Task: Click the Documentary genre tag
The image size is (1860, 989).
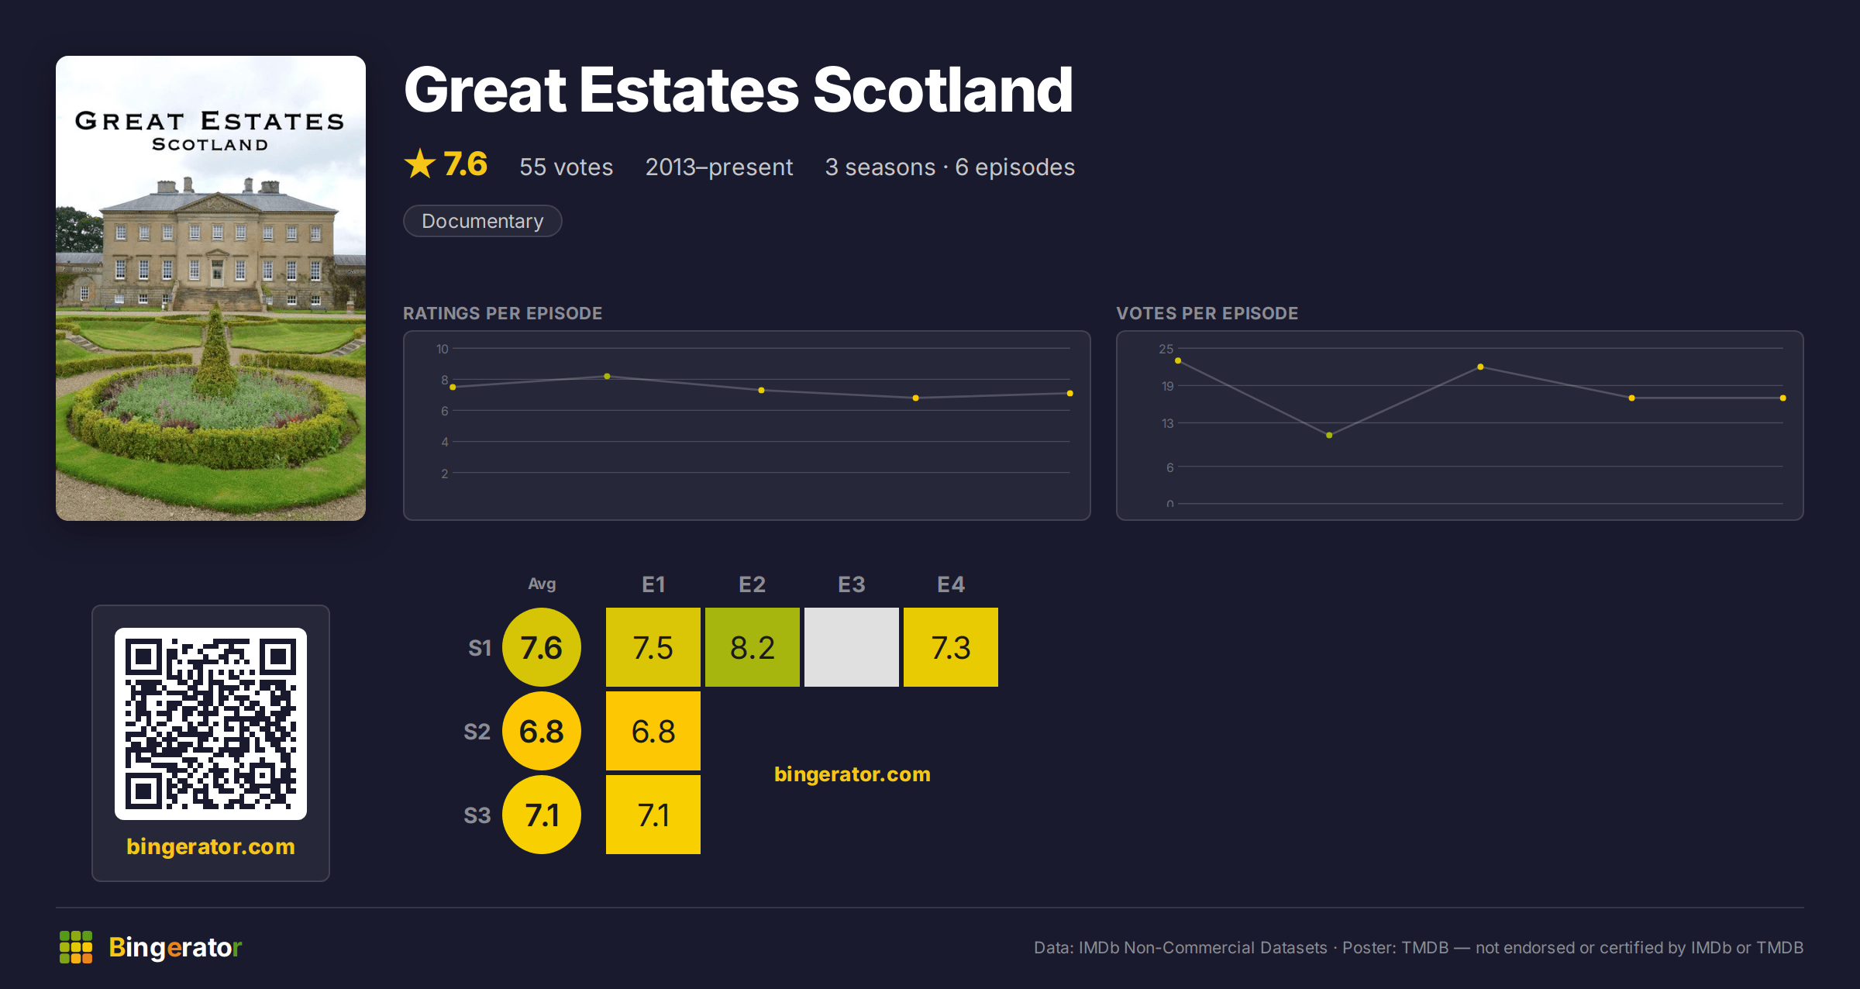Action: click(x=482, y=221)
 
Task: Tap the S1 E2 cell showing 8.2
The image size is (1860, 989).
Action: click(x=752, y=647)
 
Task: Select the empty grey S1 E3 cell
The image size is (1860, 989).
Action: click(x=851, y=647)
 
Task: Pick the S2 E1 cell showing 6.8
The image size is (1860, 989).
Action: click(x=653, y=731)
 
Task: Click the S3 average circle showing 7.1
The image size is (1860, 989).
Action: click(x=542, y=815)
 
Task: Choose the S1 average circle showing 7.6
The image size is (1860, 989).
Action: click(x=542, y=647)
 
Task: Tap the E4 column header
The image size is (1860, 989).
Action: click(x=951, y=584)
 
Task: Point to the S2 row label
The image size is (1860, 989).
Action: click(x=477, y=732)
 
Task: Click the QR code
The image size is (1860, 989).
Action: click(x=211, y=724)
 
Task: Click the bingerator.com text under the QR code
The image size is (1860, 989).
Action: click(x=211, y=846)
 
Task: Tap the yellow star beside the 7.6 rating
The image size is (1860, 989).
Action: click(x=420, y=164)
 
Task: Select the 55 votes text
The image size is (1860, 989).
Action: click(x=566, y=167)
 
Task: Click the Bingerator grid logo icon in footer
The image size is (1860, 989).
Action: click(x=76, y=947)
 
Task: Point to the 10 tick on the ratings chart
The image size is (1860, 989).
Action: click(x=442, y=349)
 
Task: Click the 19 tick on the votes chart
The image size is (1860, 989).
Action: click(x=1167, y=386)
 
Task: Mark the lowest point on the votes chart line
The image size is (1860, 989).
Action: click(x=1329, y=436)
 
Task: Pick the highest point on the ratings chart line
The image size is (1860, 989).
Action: click(x=607, y=377)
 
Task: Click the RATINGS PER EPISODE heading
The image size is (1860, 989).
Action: click(x=502, y=313)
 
